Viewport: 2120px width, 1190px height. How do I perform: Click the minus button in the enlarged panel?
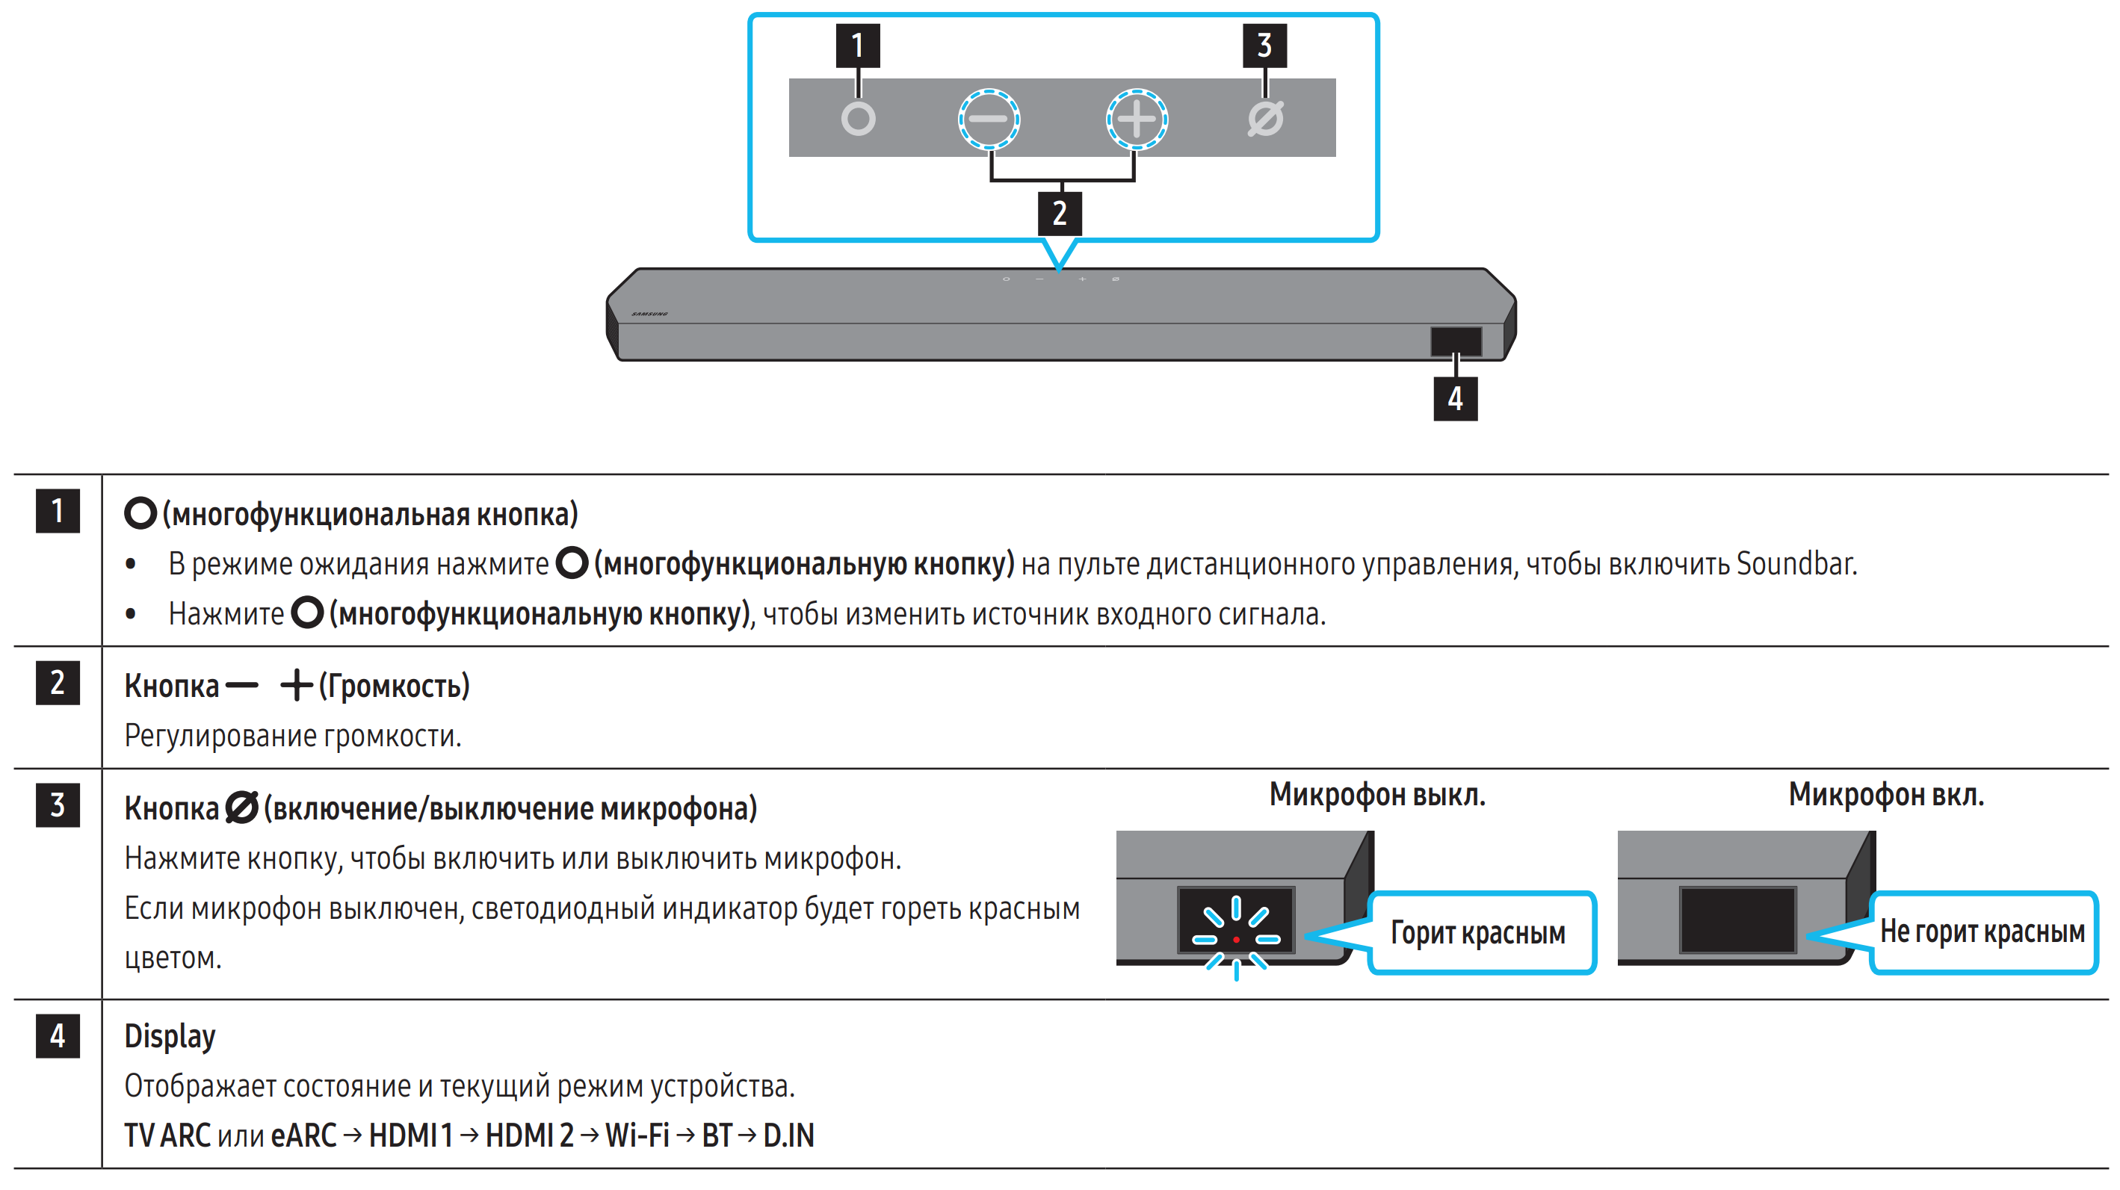click(989, 120)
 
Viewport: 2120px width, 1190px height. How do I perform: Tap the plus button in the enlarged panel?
click(1137, 120)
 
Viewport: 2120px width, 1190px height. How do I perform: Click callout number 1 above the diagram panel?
click(858, 46)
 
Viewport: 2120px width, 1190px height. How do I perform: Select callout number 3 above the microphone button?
click(1264, 46)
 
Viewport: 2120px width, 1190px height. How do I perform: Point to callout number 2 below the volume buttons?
click(1059, 214)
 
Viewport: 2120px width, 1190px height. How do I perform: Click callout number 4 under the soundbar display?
click(1455, 399)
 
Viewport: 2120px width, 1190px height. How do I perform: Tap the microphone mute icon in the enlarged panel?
click(1265, 120)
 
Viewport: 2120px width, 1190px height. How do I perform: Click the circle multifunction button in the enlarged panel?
click(858, 120)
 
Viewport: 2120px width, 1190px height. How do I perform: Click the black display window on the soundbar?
click(1455, 341)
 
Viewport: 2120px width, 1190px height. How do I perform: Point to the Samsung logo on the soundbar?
click(649, 314)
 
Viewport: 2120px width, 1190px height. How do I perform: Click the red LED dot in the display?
click(1236, 939)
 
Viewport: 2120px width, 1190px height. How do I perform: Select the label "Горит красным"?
click(1478, 933)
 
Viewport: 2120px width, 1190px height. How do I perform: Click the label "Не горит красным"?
click(1982, 932)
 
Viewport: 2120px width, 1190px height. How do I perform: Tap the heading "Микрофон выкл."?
click(1377, 795)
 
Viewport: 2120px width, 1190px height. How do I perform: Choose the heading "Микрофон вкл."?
click(1885, 795)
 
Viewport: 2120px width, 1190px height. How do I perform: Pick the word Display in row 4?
click(170, 1036)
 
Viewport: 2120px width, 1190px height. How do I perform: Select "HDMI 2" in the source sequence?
click(529, 1135)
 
